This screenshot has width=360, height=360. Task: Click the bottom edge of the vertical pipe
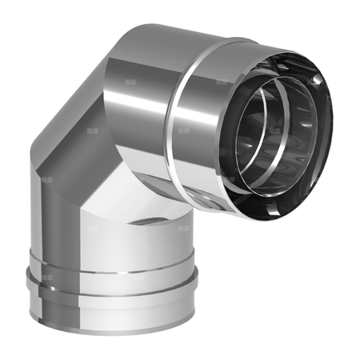click(112, 341)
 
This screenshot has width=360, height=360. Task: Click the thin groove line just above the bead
click(112, 258)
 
